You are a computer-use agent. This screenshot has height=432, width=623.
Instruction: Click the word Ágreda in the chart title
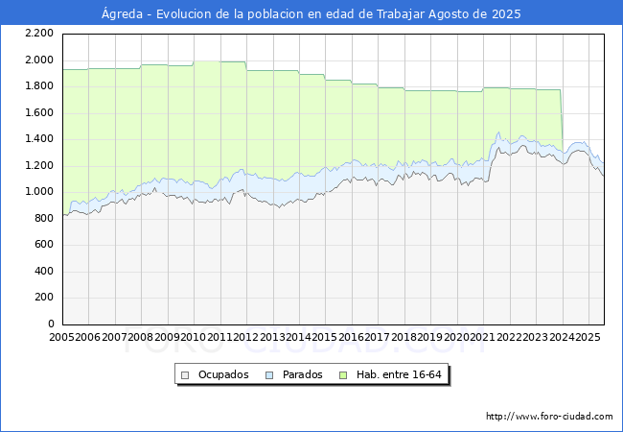(x=122, y=14)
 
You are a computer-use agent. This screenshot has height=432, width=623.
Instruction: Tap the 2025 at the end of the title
(x=506, y=14)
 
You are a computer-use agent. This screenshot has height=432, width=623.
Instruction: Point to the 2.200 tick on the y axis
(x=39, y=34)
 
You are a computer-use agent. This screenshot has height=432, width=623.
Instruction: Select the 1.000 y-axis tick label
(x=39, y=192)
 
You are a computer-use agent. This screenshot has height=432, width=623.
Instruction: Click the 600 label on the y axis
(x=44, y=244)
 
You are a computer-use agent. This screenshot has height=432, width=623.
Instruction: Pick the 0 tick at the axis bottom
(x=51, y=324)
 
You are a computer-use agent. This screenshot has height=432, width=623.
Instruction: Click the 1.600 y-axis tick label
(x=39, y=112)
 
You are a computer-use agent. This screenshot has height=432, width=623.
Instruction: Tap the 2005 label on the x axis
(x=61, y=337)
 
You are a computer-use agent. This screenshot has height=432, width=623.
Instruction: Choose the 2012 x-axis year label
(x=246, y=337)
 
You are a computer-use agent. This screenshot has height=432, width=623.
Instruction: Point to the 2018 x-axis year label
(x=404, y=337)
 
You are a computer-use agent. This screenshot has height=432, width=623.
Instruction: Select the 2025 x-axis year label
(x=588, y=337)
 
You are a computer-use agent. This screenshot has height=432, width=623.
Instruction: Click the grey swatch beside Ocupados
(x=185, y=375)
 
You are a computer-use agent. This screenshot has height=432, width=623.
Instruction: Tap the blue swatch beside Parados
(x=269, y=375)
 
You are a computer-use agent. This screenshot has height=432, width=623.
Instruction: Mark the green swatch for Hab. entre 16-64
(x=343, y=375)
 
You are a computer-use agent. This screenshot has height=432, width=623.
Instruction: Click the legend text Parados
(x=302, y=374)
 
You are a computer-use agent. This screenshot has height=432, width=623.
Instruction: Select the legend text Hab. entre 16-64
(x=399, y=374)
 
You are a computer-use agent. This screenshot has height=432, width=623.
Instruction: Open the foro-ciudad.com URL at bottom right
(x=549, y=417)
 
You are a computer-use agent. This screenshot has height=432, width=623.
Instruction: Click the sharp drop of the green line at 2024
(x=562, y=121)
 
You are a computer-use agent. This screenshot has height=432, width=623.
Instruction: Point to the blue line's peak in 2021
(x=498, y=132)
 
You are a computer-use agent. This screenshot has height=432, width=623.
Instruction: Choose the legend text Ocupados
(x=223, y=374)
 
